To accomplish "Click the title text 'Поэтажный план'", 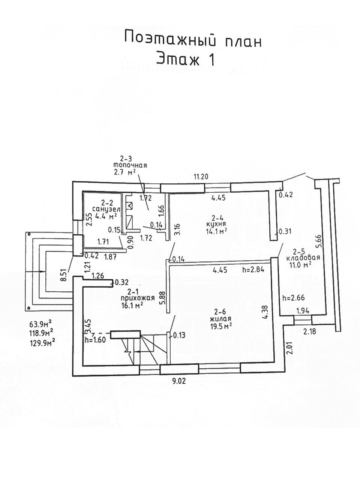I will pos(192,39).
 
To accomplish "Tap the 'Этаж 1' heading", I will pos(185,59).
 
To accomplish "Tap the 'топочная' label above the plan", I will pos(130,165).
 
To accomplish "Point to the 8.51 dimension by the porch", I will pos(64,274).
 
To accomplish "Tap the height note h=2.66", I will pos(293,298).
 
